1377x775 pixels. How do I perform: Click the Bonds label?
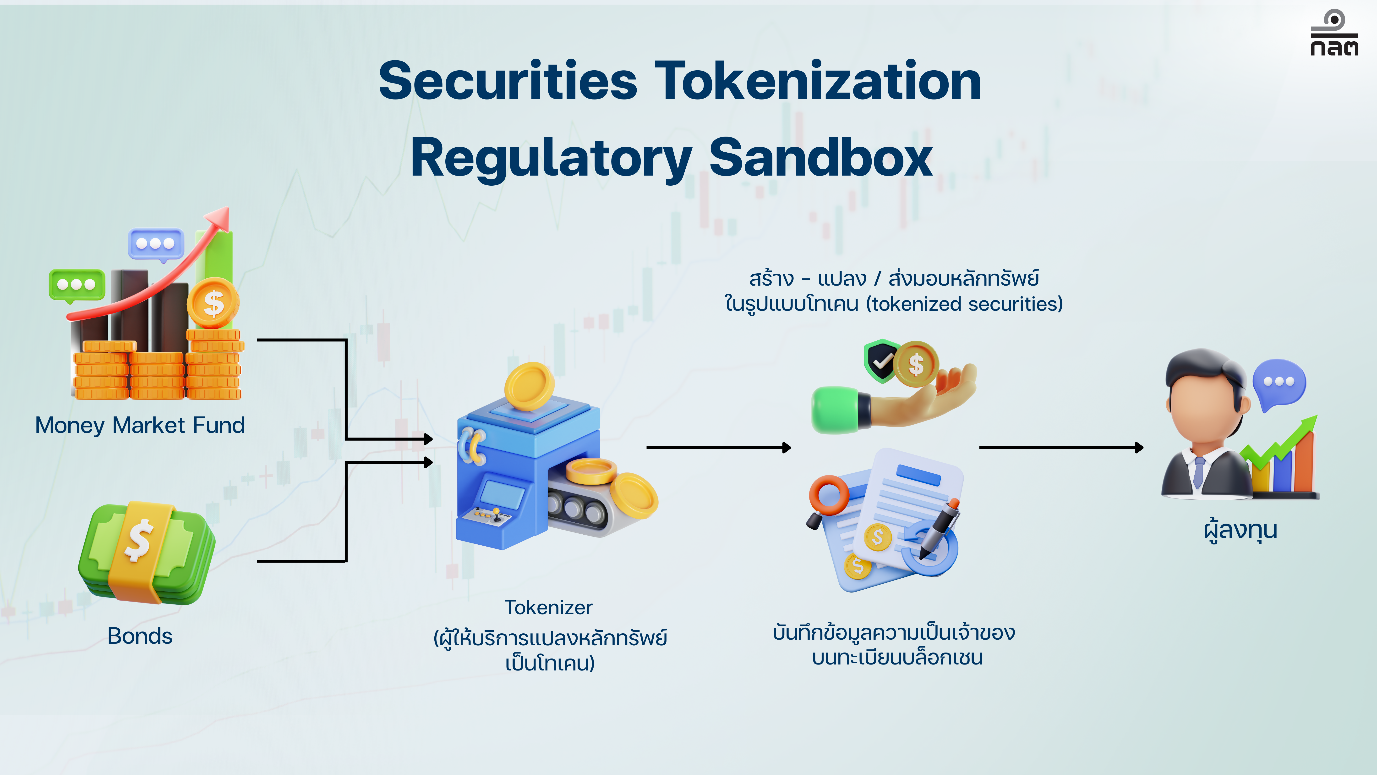(x=140, y=636)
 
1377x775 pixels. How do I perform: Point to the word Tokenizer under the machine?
(x=548, y=608)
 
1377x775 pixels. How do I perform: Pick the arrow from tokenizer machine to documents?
(x=718, y=447)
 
